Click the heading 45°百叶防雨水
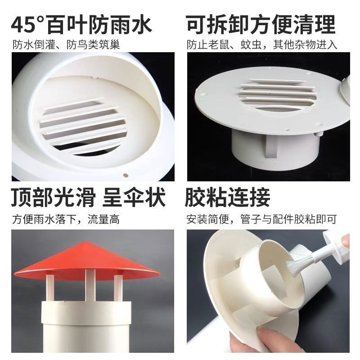82,24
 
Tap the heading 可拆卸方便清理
261,24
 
